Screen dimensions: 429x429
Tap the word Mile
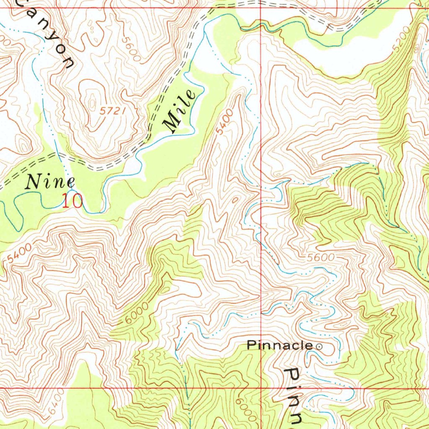(x=181, y=111)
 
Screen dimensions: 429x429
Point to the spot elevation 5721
(x=113, y=111)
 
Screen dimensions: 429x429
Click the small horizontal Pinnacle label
(x=279, y=346)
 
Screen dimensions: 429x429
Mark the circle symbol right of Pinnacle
(x=319, y=346)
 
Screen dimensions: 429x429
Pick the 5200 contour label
(x=402, y=42)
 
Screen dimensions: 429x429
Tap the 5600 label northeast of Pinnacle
(x=320, y=258)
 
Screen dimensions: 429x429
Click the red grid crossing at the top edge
(x=261, y=8)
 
